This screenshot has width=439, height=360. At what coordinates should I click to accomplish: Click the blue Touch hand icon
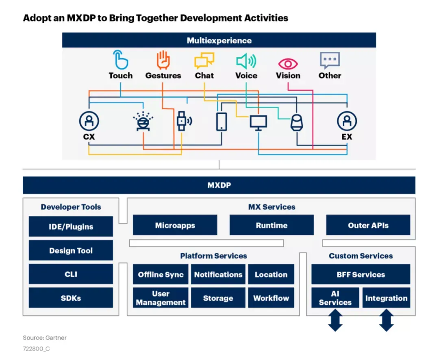(x=121, y=59)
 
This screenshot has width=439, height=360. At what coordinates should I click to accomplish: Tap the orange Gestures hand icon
(x=163, y=60)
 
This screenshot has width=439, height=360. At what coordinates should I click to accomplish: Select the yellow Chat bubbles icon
(x=204, y=61)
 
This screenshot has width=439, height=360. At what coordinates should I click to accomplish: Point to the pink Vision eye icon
(x=288, y=64)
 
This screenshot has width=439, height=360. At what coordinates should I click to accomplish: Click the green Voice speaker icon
(x=246, y=61)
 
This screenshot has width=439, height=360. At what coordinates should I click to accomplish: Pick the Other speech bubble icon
(x=330, y=60)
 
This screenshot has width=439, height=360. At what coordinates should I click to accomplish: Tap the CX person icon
(x=89, y=121)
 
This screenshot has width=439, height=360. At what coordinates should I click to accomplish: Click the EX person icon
(x=347, y=121)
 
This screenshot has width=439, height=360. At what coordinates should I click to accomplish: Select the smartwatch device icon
(x=184, y=121)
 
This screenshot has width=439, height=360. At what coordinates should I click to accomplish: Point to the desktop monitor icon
(x=259, y=123)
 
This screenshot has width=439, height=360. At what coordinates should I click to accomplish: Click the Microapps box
(x=175, y=225)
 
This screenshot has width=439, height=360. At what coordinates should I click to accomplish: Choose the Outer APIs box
(x=368, y=225)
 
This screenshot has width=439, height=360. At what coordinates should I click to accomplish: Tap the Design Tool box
(x=71, y=250)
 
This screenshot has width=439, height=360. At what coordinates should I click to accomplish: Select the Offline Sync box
(x=161, y=274)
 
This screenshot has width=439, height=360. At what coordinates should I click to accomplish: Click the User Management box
(x=161, y=298)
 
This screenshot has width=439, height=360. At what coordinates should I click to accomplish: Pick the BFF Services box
(x=361, y=274)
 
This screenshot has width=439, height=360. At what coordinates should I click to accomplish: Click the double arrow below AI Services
(x=335, y=320)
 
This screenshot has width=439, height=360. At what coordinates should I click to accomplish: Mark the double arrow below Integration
(x=387, y=320)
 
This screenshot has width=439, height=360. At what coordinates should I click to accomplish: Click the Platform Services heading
(x=214, y=256)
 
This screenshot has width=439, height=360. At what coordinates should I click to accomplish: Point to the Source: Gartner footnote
(x=45, y=338)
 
